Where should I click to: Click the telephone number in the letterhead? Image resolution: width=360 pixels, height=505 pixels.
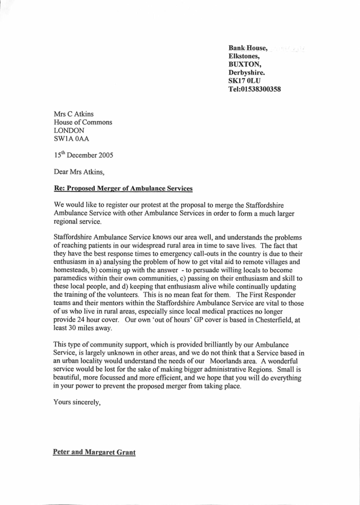click(254, 89)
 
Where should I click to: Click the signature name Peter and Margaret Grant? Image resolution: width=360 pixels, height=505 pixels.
click(95, 452)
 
